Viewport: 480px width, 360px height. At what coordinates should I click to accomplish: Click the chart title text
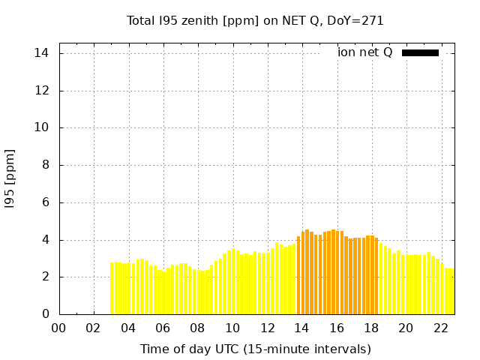point(255,20)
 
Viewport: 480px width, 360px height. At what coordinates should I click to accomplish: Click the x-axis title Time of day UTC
point(255,349)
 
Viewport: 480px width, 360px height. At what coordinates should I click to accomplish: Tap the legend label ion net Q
point(364,52)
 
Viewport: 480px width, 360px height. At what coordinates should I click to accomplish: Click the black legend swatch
point(420,52)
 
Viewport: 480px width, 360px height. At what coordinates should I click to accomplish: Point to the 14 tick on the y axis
point(42,53)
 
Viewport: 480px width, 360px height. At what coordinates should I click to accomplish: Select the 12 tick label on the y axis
point(42,91)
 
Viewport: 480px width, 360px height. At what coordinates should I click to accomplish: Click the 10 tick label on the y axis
point(42,127)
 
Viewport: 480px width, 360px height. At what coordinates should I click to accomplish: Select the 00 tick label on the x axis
point(59,328)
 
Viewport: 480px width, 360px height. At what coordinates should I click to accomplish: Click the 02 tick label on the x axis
point(94,328)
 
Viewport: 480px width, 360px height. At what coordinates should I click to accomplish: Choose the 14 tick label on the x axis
point(302,328)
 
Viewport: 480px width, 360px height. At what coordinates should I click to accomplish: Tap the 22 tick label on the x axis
point(441,328)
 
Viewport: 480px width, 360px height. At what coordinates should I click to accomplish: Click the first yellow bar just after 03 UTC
point(112,289)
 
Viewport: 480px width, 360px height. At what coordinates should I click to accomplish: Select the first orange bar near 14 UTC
point(298,276)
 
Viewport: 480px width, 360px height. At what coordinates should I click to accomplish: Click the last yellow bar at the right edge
point(452,292)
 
